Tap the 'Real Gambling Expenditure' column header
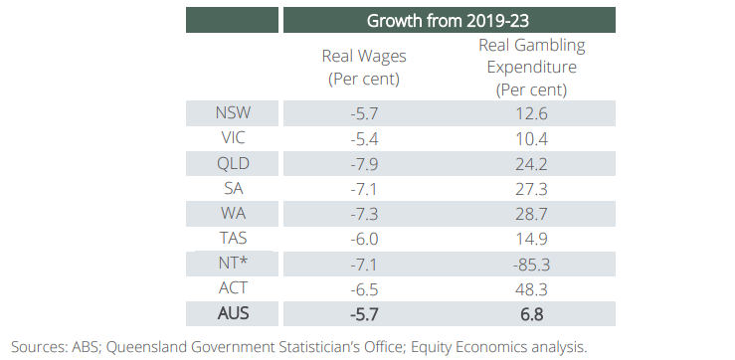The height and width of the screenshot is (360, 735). pyautogui.click(x=531, y=68)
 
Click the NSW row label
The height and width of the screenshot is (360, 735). pyautogui.click(x=233, y=112)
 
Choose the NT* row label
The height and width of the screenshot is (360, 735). pyautogui.click(x=233, y=263)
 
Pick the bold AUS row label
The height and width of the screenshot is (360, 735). pyautogui.click(x=233, y=313)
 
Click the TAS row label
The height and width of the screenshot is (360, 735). pyautogui.click(x=233, y=238)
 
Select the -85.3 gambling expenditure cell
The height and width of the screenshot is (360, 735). pyautogui.click(x=531, y=264)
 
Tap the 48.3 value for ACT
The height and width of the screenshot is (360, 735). pyautogui.click(x=531, y=288)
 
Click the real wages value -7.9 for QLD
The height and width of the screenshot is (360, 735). pyautogui.click(x=364, y=163)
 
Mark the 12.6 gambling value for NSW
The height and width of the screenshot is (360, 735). pyautogui.click(x=531, y=113)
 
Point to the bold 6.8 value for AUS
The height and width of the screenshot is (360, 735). pyautogui.click(x=531, y=314)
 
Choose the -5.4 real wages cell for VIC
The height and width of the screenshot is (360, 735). pyautogui.click(x=364, y=138)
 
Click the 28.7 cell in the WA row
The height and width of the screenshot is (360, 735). pyautogui.click(x=531, y=214)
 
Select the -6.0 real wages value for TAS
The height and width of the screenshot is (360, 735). pyautogui.click(x=364, y=239)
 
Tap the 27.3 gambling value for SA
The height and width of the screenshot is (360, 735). pyautogui.click(x=531, y=188)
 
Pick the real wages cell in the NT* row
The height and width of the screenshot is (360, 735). pyautogui.click(x=364, y=264)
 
